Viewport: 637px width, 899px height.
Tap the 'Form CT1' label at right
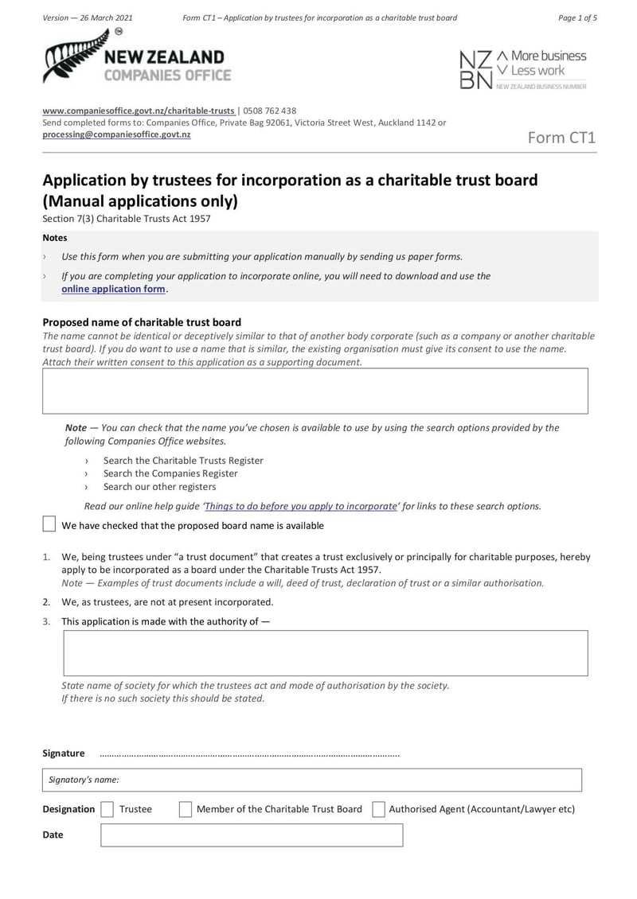tap(562, 138)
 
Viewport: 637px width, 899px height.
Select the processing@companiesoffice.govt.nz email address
tap(116, 134)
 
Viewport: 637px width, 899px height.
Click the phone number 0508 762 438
tap(269, 111)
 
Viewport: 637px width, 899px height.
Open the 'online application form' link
tap(114, 289)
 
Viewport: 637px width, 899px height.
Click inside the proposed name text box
tap(315, 391)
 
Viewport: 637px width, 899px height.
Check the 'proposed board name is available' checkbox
tap(49, 524)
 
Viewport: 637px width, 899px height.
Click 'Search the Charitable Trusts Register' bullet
tap(183, 461)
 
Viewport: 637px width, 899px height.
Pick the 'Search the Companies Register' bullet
tap(170, 473)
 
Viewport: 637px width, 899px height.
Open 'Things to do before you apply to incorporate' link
tap(301, 506)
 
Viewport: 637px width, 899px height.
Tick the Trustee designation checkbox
tap(107, 809)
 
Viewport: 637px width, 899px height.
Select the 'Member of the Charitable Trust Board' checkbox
tap(185, 809)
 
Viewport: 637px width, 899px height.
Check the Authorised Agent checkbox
tap(379, 809)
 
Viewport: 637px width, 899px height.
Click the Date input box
tap(251, 835)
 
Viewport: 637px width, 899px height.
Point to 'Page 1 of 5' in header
tap(577, 18)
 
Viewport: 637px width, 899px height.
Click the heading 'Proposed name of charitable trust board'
tap(142, 322)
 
